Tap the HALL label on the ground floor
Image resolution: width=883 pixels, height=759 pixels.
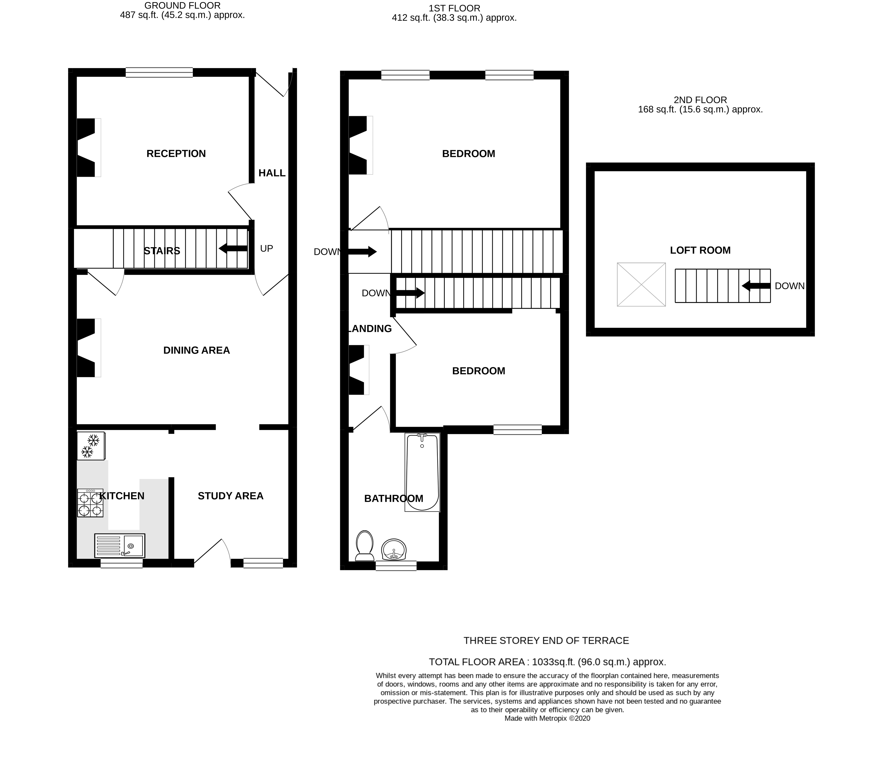(x=272, y=173)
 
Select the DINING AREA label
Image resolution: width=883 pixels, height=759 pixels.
(x=196, y=350)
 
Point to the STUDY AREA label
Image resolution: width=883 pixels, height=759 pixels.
(x=230, y=496)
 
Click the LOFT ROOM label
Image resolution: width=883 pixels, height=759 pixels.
(x=700, y=250)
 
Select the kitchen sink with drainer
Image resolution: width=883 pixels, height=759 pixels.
(x=120, y=546)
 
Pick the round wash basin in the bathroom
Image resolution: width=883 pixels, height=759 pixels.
(x=394, y=549)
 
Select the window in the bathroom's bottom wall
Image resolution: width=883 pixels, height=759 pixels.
(x=396, y=566)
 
